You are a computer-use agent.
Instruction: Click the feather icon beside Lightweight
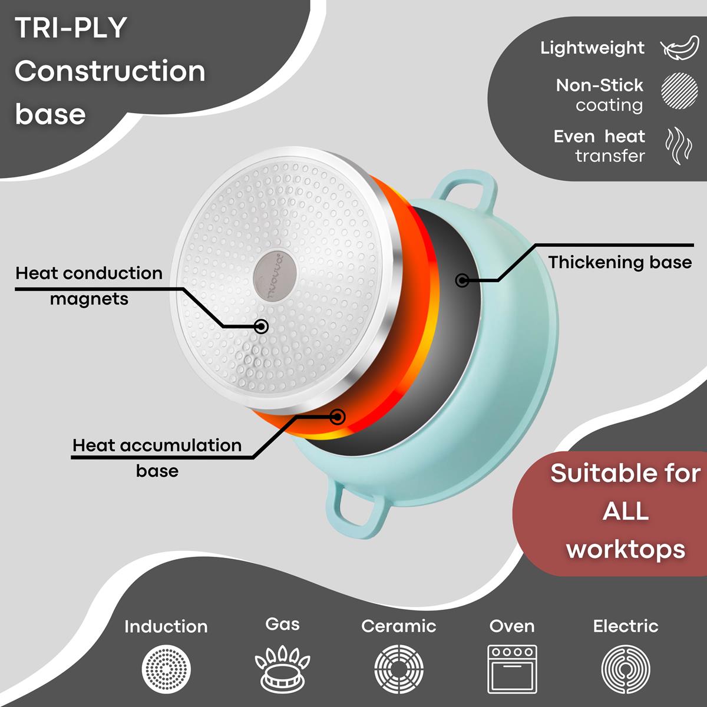coord(679,48)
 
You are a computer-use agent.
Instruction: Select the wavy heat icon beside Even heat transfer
coord(678,146)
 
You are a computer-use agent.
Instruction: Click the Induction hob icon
coord(166,669)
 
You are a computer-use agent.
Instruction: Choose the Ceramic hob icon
coord(399,669)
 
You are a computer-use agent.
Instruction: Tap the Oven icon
coord(512,669)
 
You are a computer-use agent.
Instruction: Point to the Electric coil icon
coord(626,669)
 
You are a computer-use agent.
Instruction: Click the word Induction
coord(166,626)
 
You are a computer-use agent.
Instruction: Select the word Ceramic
coord(399,626)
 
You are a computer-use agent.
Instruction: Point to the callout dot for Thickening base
coord(462,280)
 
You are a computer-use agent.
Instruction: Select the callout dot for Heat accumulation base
coord(338,417)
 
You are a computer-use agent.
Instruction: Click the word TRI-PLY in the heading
coord(71,28)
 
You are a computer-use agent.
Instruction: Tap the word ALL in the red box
coord(626,511)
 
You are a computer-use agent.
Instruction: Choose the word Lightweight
coord(593,48)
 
